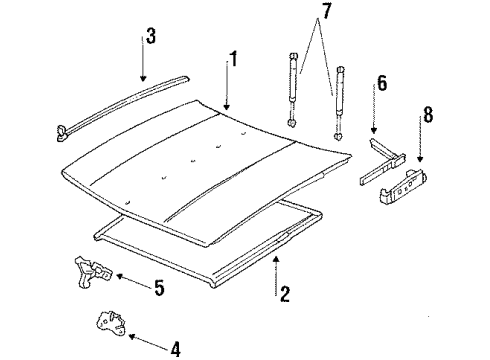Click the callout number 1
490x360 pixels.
pyautogui.click(x=233, y=60)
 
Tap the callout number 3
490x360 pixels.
pyautogui.click(x=150, y=39)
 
